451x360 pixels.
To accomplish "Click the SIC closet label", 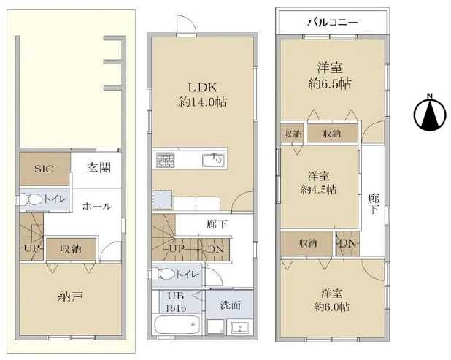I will click(44, 168).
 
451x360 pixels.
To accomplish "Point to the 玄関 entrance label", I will click(99, 168).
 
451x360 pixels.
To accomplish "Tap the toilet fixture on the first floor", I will click(33, 199).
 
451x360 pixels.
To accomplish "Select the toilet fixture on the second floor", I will click(164, 275).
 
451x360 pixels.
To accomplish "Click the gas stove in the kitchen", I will click(164, 160).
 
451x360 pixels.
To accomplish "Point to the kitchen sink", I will click(215, 160).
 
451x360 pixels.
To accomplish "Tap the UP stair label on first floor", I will click(31, 248).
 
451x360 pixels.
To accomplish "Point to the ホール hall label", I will click(97, 207).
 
